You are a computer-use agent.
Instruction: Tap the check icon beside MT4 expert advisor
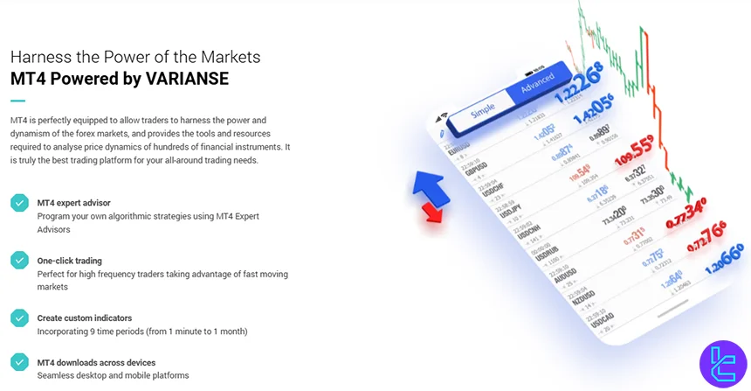(x=19, y=203)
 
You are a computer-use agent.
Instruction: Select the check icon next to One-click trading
(x=19, y=261)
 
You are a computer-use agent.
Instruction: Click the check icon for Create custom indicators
(x=19, y=318)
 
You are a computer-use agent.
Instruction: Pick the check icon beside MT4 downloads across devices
(x=19, y=362)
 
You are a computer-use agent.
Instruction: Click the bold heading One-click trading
(x=69, y=261)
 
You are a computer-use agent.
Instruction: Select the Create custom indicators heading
(x=86, y=318)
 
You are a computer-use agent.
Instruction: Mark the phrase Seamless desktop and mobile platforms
(x=113, y=375)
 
